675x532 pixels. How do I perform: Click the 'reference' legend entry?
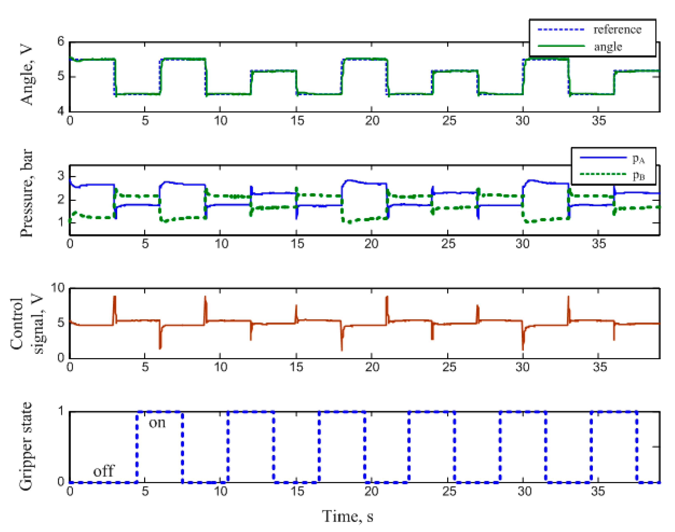[x=617, y=30]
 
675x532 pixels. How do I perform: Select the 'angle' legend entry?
[x=608, y=47]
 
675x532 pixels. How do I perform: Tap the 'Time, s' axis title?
[x=347, y=516]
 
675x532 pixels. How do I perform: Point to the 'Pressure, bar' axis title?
[x=27, y=193]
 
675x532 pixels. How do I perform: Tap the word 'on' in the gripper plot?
[x=157, y=423]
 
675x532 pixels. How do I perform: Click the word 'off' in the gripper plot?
[x=104, y=471]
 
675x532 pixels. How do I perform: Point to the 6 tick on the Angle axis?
[x=61, y=41]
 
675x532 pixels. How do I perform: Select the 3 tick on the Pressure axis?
[x=61, y=176]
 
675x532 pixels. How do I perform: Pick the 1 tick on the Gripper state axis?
[x=61, y=412]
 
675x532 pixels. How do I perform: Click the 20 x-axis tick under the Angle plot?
[x=372, y=121]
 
